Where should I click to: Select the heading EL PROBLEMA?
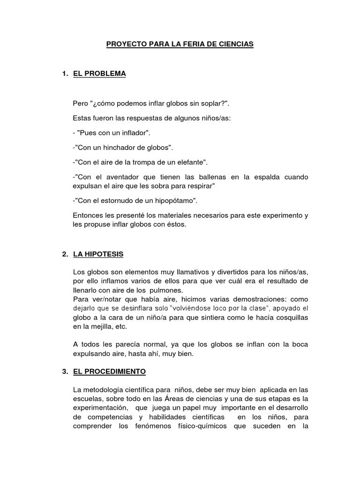(x=99, y=74)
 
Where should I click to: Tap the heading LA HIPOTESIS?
(x=98, y=254)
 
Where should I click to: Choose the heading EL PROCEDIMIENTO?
(x=110, y=371)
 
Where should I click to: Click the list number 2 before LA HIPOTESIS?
(x=65, y=254)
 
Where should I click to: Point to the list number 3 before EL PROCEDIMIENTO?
(x=65, y=371)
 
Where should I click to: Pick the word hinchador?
(x=120, y=148)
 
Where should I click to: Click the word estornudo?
(x=119, y=201)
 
